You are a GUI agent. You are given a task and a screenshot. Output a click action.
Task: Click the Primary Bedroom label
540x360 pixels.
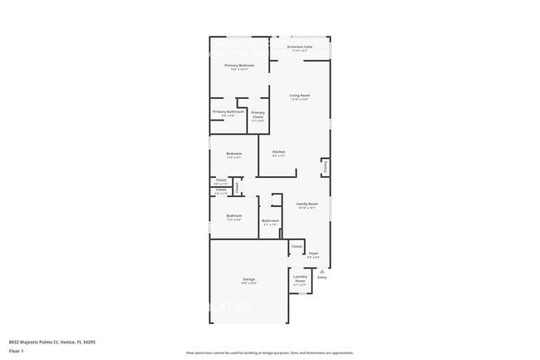coord(239,65)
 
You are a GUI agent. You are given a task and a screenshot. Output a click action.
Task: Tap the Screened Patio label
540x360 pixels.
coord(299,47)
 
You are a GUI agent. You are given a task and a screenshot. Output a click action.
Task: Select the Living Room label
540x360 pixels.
coord(299,96)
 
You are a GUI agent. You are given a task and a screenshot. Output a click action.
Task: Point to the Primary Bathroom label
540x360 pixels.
coord(228,111)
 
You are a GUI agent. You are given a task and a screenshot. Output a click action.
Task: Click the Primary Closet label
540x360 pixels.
coord(258,115)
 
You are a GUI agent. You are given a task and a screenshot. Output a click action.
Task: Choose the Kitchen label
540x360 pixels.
coord(279,152)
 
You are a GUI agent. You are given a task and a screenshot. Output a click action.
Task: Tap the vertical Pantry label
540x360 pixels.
coord(325,167)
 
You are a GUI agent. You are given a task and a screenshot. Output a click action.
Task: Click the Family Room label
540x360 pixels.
coord(307,203)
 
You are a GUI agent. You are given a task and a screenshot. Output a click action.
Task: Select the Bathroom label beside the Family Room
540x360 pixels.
coord(270,220)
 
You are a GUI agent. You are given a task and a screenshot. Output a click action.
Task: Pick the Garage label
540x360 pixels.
coord(248,279)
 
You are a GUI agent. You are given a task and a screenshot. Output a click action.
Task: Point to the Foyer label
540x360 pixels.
coord(313,253)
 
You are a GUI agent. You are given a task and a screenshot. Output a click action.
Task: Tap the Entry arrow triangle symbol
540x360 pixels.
coord(322,271)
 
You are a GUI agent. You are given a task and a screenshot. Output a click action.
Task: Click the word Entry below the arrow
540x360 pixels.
coord(322,277)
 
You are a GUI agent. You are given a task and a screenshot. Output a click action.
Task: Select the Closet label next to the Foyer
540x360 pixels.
coord(297,246)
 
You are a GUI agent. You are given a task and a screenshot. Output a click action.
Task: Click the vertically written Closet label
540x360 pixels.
coord(236,187)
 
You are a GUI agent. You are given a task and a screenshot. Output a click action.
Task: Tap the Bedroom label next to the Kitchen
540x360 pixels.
coord(233,153)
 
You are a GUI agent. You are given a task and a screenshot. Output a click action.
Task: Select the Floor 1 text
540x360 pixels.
coord(17,351)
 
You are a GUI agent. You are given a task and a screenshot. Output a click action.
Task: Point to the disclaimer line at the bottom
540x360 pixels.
coord(269,353)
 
